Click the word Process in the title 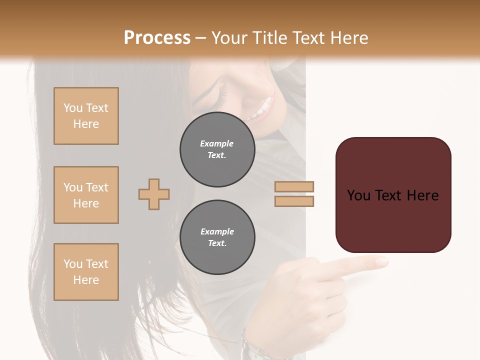tap(157, 38)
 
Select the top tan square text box tap(86, 116)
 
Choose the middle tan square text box tap(86, 195)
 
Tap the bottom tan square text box tap(86, 272)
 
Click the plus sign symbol tap(154, 194)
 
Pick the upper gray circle tap(217, 149)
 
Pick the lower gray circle tap(217, 237)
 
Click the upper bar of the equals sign tap(294, 187)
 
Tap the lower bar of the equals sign tap(294, 201)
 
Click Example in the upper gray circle tap(217, 143)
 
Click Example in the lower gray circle tap(217, 231)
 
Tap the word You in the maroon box tap(358, 195)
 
